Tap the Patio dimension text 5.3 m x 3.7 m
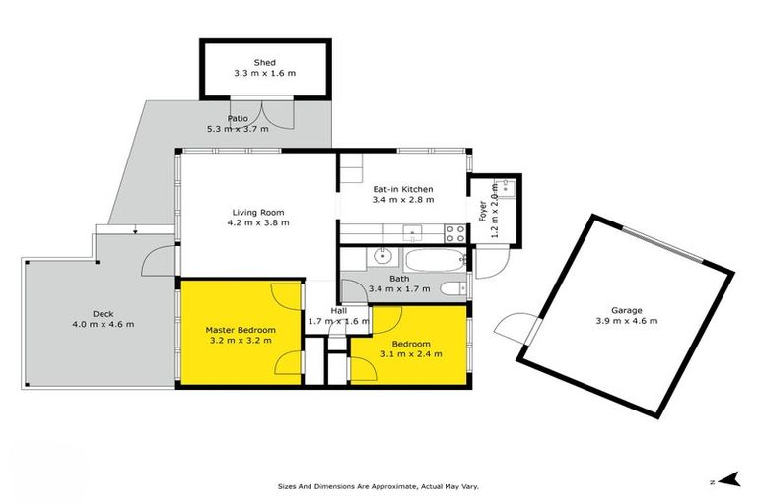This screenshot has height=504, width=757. (238, 129)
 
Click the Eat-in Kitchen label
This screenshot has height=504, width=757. (402, 189)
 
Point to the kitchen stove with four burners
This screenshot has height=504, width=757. (456, 233)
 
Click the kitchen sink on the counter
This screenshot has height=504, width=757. (413, 233)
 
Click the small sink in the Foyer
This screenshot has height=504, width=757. (509, 187)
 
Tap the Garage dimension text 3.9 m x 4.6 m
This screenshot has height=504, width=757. (626, 321)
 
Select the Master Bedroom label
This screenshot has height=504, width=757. (241, 329)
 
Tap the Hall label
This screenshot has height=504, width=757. (338, 310)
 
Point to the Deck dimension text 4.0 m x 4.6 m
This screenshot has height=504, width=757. (103, 324)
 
